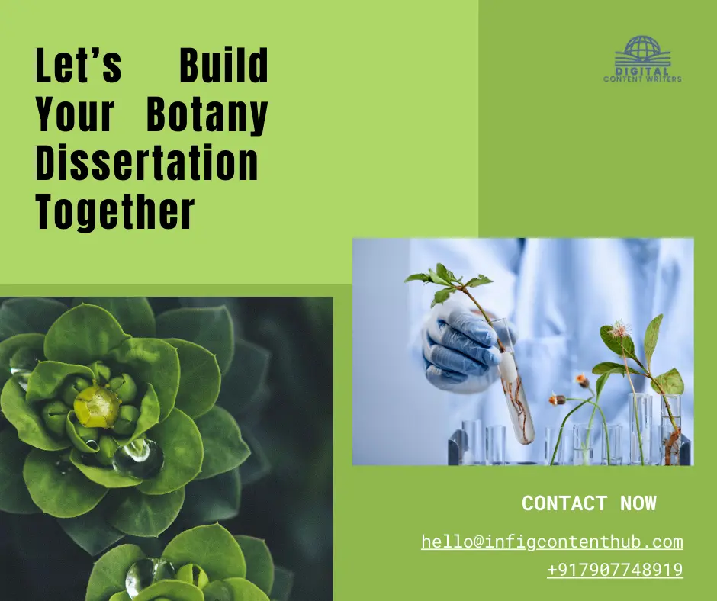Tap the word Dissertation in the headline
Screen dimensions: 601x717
[x=147, y=164]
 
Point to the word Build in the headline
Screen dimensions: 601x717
[x=223, y=66]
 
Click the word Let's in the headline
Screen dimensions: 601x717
[x=79, y=66]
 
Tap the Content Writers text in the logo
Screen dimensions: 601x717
[x=642, y=79]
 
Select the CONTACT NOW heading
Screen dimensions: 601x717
[x=589, y=503]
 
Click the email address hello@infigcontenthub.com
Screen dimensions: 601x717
[x=551, y=542]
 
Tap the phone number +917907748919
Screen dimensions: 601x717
[x=614, y=570]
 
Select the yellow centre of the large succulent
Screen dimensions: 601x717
[x=97, y=407]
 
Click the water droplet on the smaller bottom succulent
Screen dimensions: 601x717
[x=145, y=576]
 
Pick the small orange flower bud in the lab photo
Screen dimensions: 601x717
[x=582, y=379]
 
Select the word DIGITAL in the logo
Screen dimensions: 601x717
[x=642, y=71]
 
